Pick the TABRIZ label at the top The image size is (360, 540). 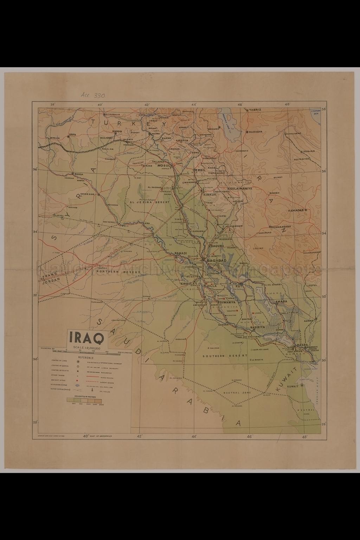[x=255, y=110]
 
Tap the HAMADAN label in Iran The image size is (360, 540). [x=296, y=210]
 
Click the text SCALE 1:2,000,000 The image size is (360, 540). [x=87, y=348]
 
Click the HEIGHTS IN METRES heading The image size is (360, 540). [x=83, y=396]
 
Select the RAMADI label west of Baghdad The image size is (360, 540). [x=180, y=253]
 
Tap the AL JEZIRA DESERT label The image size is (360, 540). [x=149, y=202]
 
